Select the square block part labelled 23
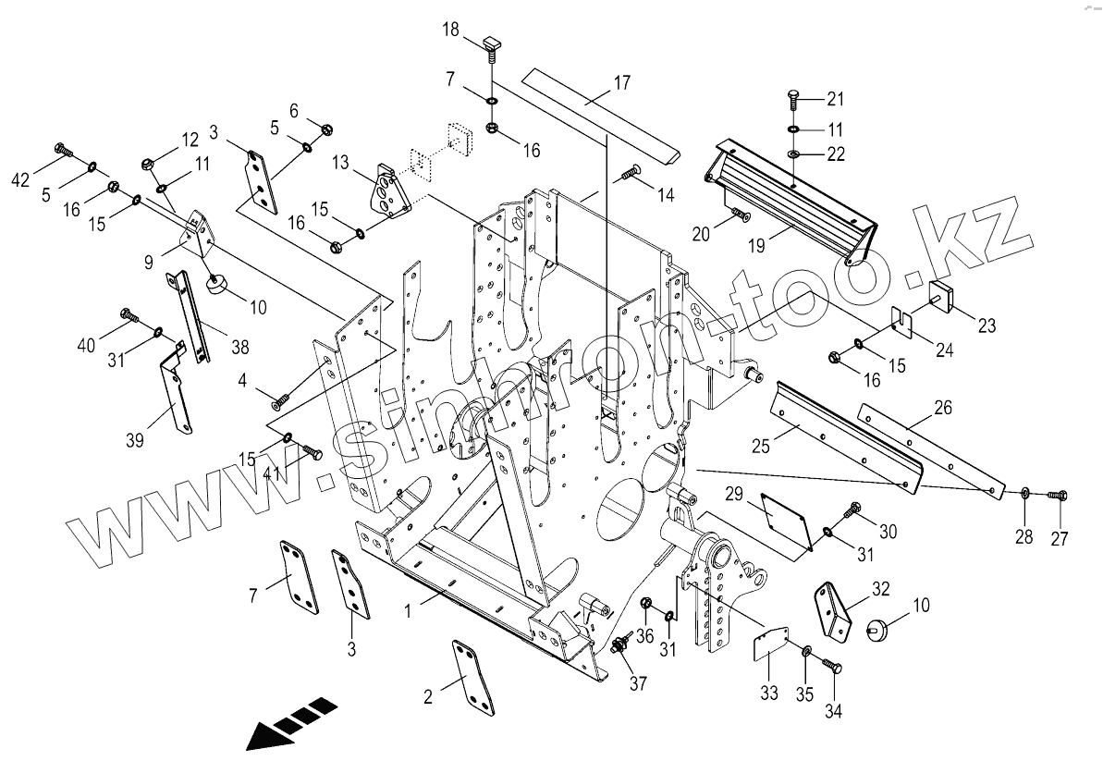941,295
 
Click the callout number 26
942,407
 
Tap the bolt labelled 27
1059,496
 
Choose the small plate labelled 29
782,521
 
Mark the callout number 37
638,683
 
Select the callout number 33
769,693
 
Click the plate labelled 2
473,678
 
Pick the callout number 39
135,440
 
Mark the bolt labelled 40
129,317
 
